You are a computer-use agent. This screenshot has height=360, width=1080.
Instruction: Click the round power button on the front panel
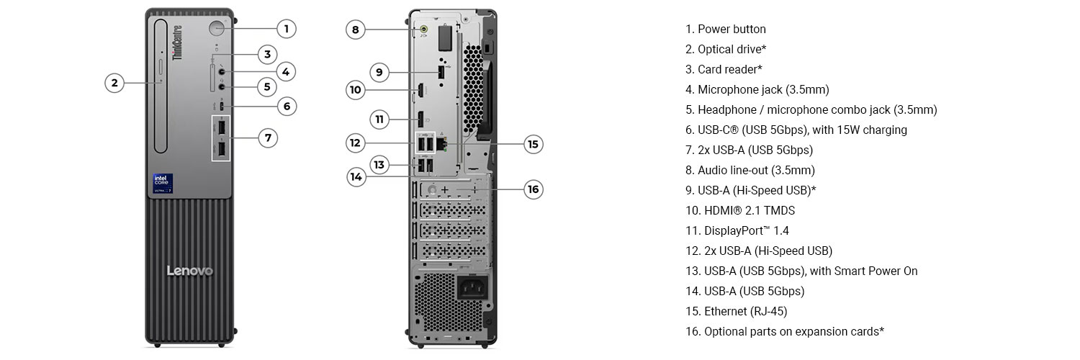click(x=218, y=29)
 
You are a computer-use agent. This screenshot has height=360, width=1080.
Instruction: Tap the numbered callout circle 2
click(x=114, y=83)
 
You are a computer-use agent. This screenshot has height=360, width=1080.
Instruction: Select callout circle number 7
click(x=268, y=138)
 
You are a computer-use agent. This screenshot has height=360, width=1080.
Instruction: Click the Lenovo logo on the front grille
click(x=190, y=271)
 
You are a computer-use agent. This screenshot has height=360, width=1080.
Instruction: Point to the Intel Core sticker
click(x=163, y=183)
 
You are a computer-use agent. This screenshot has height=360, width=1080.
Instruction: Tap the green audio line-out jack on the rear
click(x=423, y=30)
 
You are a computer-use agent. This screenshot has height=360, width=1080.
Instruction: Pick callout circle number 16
click(x=533, y=189)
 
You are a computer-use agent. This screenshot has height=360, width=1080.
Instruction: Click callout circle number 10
click(x=355, y=90)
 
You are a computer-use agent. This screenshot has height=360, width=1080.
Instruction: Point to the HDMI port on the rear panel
click(x=418, y=91)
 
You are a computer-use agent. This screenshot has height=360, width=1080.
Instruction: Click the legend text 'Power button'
click(x=732, y=30)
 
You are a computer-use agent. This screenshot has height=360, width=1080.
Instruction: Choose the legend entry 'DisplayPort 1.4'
click(x=746, y=231)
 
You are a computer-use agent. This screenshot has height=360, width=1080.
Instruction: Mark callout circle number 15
click(x=533, y=144)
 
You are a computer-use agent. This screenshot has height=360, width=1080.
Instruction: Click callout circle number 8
click(x=355, y=30)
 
